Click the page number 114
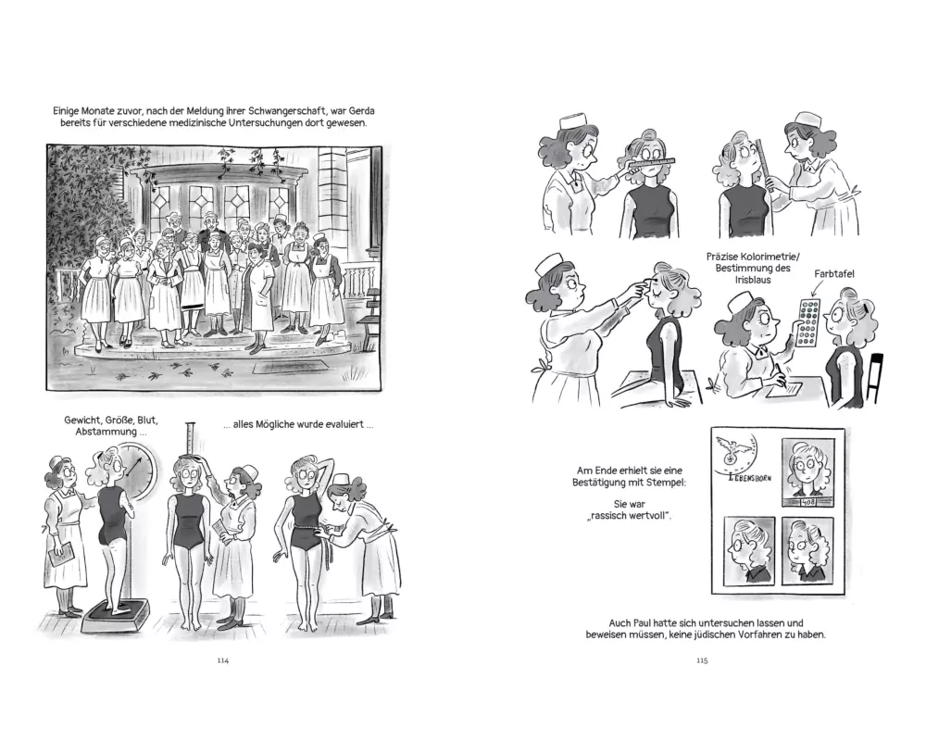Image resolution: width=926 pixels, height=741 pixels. click(222, 660)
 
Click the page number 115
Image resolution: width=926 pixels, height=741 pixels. click(702, 660)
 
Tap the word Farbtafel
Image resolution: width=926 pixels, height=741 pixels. click(834, 273)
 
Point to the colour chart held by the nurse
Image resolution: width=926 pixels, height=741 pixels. click(807, 322)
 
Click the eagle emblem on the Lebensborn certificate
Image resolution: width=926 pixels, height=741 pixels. click(732, 448)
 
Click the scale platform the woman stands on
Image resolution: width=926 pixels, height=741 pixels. click(115, 616)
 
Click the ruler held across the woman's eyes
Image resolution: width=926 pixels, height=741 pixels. click(644, 163)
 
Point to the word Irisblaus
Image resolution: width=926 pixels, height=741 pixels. click(752, 280)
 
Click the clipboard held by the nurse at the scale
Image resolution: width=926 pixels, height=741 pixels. click(60, 554)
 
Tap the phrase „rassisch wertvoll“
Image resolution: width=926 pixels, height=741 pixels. click(629, 515)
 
